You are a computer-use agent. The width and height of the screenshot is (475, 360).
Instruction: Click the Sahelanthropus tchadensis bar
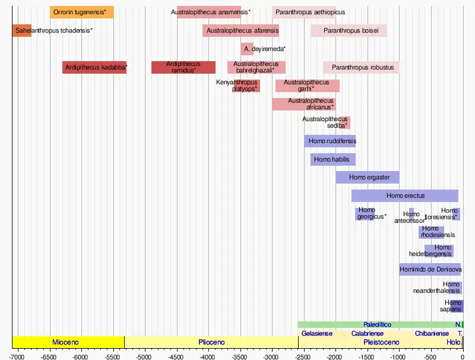coord(21,30)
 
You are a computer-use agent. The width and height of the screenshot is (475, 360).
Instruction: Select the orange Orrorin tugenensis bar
coord(82,12)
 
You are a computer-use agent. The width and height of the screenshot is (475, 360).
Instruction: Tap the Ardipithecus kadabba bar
coord(94,67)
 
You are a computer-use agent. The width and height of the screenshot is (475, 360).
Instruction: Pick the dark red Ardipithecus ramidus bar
coord(183,67)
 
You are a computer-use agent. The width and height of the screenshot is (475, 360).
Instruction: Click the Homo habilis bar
coord(332,159)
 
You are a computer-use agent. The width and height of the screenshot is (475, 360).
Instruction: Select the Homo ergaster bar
coord(368,177)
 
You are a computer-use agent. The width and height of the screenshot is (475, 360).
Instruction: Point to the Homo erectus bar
coord(405,195)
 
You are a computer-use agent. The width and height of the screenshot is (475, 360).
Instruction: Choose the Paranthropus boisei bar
coord(349,30)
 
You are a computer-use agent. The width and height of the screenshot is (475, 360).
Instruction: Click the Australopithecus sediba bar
coord(344,122)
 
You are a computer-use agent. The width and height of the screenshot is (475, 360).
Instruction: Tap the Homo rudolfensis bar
coord(330,141)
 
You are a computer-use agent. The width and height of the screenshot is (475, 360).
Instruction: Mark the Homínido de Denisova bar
coord(430,269)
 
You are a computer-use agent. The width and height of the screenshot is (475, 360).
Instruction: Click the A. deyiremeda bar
coord(247,49)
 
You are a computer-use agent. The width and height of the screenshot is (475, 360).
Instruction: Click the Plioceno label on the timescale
coord(211,343)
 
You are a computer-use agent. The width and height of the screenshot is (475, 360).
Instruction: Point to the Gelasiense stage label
coord(316,333)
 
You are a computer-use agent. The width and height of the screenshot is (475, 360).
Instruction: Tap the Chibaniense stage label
coord(432,333)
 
